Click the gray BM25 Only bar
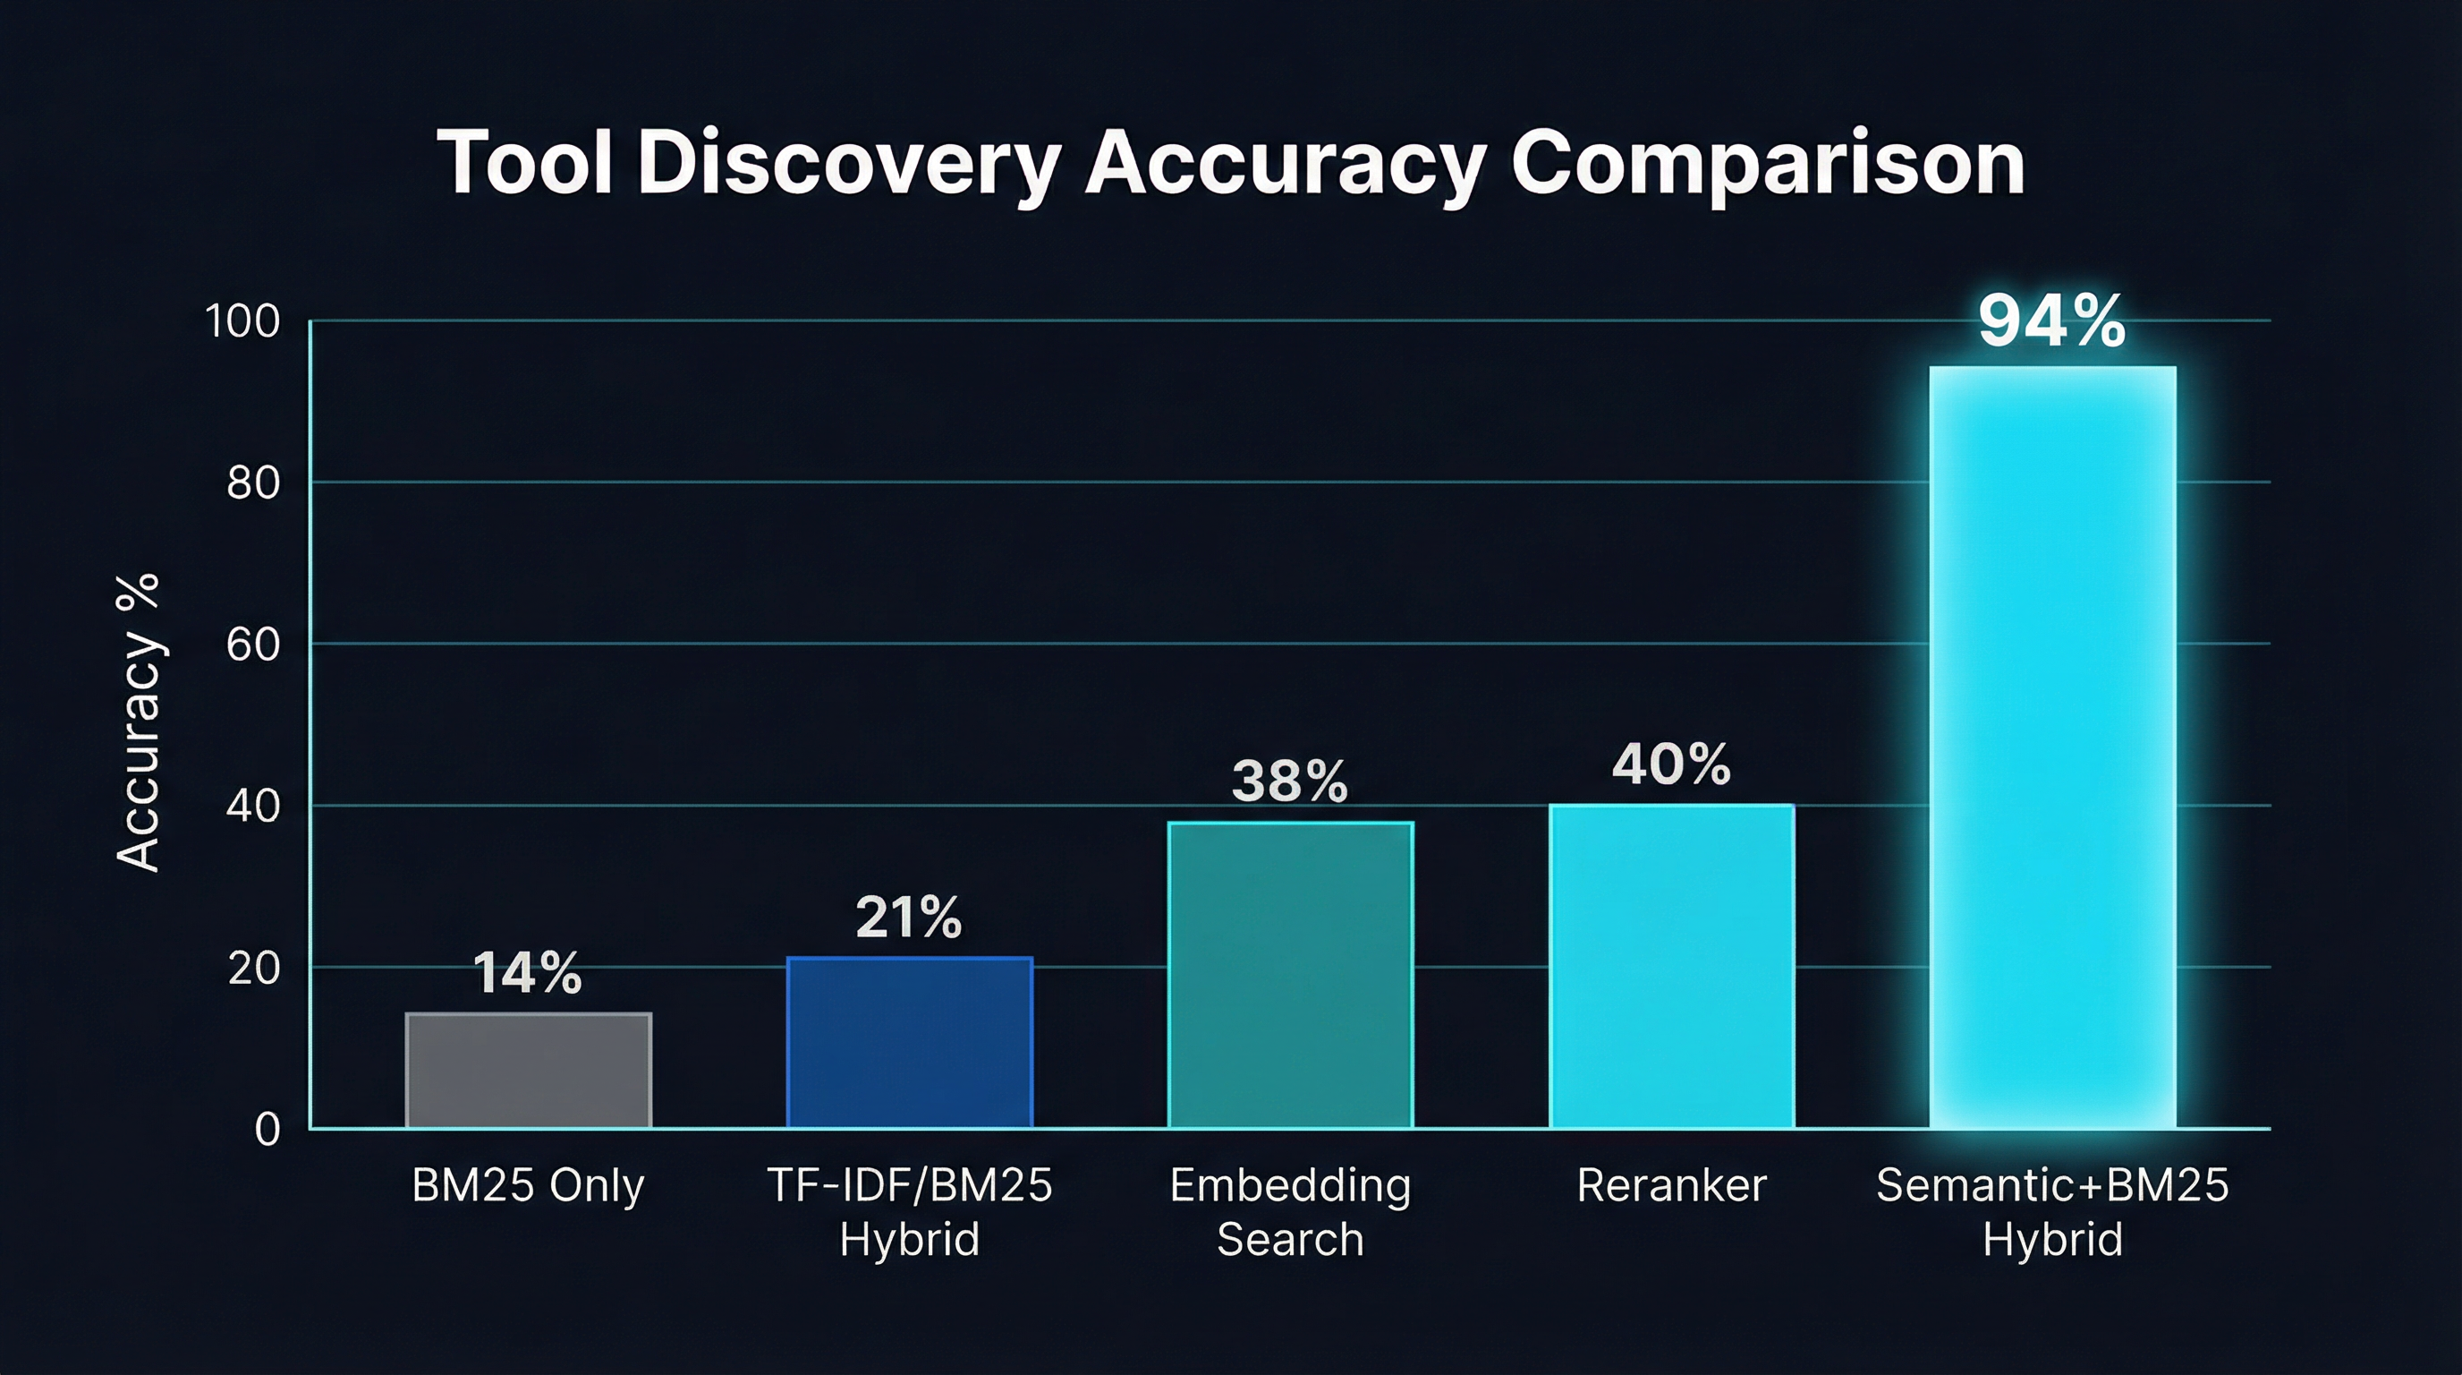(x=529, y=1070)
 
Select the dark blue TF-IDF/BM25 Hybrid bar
(x=909, y=1042)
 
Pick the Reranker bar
(x=1670, y=966)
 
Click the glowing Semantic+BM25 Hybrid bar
(x=2052, y=746)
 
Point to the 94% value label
(x=2052, y=321)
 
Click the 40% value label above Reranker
(x=1670, y=765)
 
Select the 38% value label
(x=1289, y=781)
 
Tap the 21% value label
(x=908, y=918)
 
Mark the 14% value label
(x=528, y=973)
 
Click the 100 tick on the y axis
(x=242, y=321)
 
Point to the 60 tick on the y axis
(x=253, y=645)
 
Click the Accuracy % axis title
(x=138, y=722)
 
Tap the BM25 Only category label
(x=528, y=1186)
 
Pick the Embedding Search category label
(x=1290, y=1211)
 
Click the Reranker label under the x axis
(x=1670, y=1186)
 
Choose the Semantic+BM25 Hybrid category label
(x=2052, y=1211)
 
